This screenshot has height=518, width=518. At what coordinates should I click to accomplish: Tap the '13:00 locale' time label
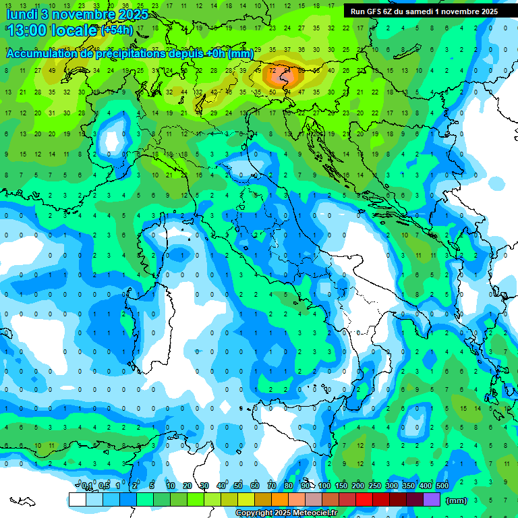(x=51, y=30)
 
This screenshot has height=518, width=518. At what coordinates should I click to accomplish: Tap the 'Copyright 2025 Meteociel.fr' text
(x=286, y=513)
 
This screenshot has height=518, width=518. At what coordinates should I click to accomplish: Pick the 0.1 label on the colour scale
(x=87, y=486)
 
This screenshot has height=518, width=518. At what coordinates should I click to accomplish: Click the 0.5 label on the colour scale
(x=104, y=486)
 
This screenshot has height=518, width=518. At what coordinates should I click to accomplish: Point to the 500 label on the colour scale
(x=442, y=486)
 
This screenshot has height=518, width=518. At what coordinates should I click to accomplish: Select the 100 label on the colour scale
(x=324, y=486)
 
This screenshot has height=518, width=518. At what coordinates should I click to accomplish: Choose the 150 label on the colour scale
(x=341, y=486)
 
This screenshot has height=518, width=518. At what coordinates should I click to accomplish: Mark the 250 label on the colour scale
(x=375, y=486)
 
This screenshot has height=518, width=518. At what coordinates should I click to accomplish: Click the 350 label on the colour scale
(x=409, y=486)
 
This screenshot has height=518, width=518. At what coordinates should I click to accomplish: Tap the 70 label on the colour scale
(x=272, y=486)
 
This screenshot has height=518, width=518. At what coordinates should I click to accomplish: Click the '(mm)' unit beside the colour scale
(x=457, y=500)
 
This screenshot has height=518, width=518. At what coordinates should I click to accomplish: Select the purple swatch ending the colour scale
(x=432, y=500)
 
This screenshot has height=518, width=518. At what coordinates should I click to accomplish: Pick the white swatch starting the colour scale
(x=77, y=500)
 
